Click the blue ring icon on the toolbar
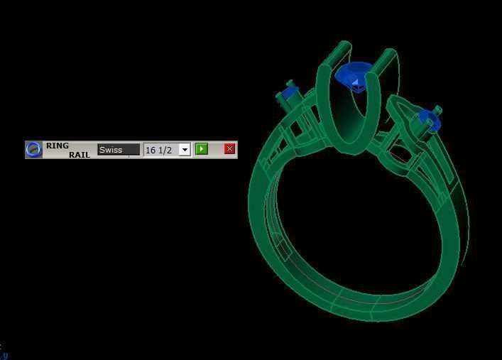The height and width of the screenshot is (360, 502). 33,150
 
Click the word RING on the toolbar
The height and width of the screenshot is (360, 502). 58,146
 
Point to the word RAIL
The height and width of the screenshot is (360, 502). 80,154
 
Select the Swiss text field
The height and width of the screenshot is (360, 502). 119,150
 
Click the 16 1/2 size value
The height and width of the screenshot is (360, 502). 160,150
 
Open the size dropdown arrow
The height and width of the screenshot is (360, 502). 185,150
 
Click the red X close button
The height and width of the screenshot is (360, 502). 229,149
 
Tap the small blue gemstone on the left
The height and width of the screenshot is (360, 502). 288,94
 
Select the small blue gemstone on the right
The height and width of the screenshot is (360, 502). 429,121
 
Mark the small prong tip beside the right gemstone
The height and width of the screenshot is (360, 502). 437,110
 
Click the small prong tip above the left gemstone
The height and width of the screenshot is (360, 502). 290,83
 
